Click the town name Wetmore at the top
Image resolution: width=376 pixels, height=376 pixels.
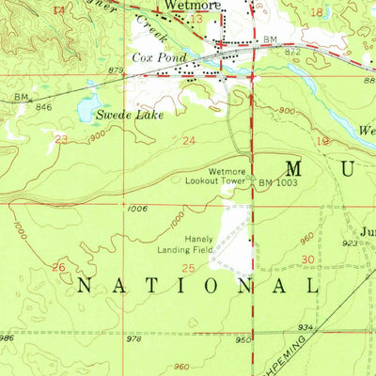point(192,6)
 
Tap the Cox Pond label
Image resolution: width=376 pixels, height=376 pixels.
point(153,58)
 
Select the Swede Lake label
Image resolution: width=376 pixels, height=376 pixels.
point(130,115)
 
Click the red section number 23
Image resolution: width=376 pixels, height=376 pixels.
point(62,138)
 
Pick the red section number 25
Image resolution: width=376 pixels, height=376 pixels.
point(187,269)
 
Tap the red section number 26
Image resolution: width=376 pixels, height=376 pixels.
point(58,267)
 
